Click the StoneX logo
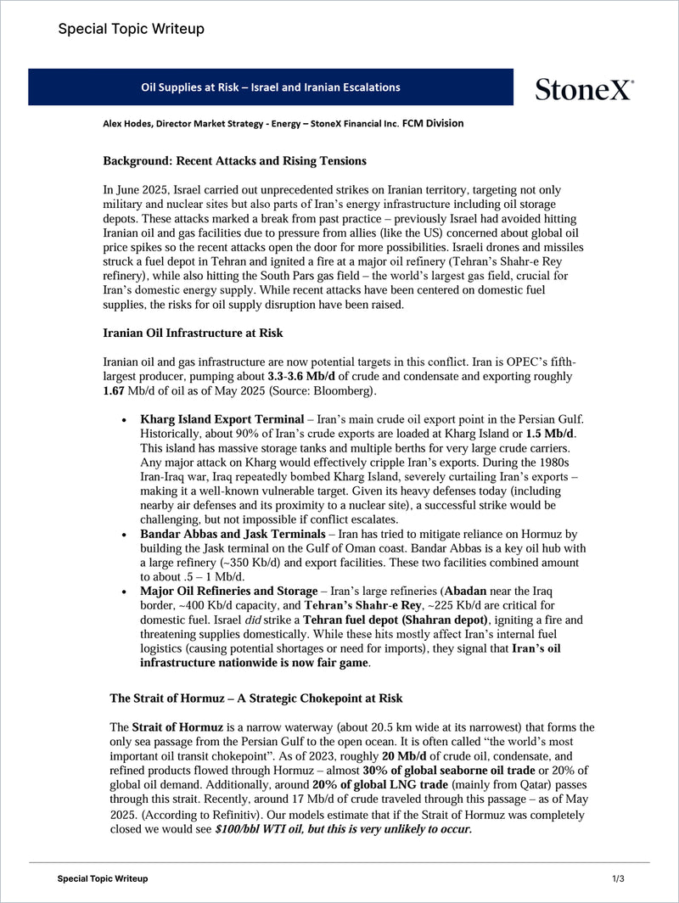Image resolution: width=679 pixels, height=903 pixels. click(584, 88)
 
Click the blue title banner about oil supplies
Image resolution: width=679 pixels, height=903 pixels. click(270, 87)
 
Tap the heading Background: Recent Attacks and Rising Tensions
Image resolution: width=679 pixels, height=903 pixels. click(235, 161)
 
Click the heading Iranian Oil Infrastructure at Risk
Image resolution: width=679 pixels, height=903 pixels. click(193, 333)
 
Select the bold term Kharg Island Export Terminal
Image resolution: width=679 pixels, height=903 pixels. click(222, 419)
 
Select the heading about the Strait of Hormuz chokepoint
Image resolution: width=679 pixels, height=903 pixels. click(255, 698)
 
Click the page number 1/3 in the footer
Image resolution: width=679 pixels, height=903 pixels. click(618, 878)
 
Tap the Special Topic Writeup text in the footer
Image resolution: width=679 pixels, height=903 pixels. click(102, 878)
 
